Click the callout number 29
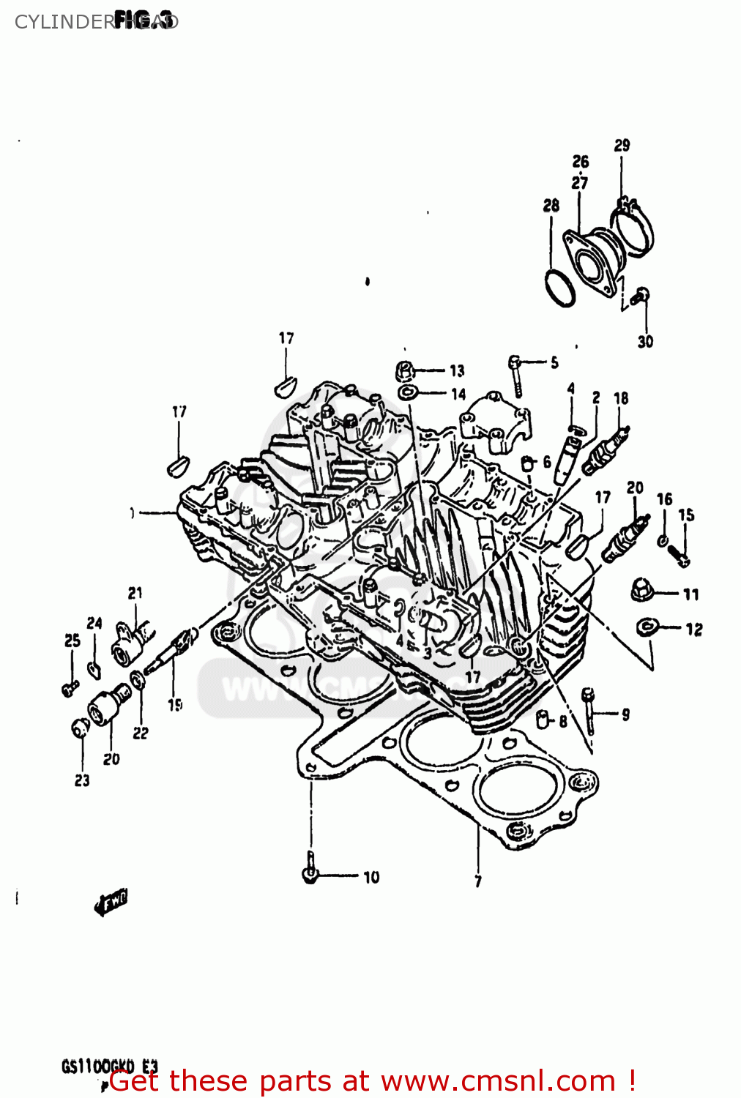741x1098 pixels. click(622, 145)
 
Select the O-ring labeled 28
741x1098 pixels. click(560, 288)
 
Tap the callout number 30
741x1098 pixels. click(645, 341)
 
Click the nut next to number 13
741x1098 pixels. click(405, 370)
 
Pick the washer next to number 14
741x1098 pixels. click(407, 393)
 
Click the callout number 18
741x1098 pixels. click(621, 398)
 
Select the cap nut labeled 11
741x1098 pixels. click(642, 590)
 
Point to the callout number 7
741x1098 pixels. click(478, 881)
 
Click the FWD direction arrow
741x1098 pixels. click(111, 904)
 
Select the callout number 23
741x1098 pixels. click(82, 780)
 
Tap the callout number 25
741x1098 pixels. click(72, 640)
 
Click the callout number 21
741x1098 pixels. click(135, 593)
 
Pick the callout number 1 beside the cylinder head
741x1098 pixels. click(133, 513)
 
